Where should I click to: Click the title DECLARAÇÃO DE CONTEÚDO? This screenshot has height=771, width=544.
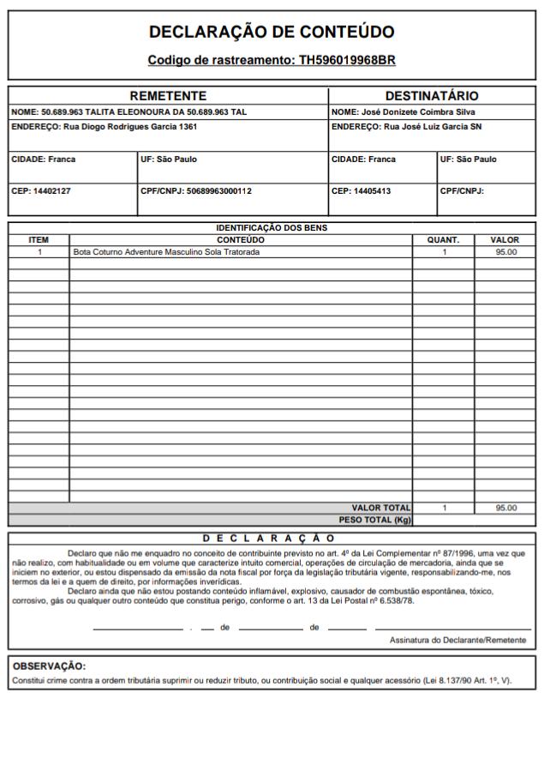272,33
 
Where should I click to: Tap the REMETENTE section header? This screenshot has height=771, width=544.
168,96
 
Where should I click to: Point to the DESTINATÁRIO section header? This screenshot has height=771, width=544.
432,96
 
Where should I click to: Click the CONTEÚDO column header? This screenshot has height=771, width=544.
241,240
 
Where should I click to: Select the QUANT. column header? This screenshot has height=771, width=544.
443,240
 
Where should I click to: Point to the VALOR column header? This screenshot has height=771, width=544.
505,240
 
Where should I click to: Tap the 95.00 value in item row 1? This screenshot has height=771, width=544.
505,252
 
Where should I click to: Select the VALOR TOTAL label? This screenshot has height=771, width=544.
381,508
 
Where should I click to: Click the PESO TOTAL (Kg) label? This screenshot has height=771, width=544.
375,519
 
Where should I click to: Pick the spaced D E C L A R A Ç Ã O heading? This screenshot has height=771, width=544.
268,538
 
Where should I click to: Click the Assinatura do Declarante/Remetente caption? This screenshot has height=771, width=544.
457,640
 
